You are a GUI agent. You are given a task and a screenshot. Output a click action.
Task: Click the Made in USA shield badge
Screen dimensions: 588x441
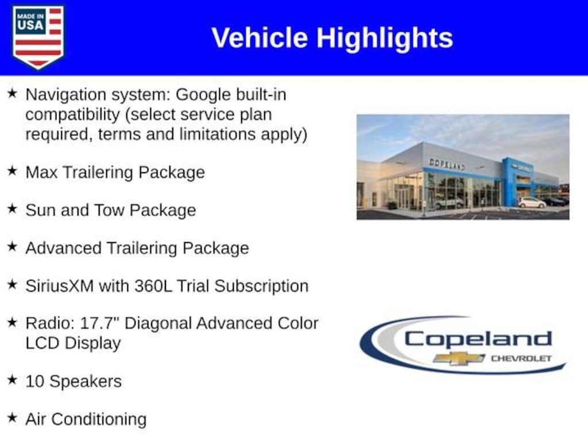tap(38, 37)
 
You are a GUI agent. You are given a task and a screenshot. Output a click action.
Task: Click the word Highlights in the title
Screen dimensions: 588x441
tap(385, 38)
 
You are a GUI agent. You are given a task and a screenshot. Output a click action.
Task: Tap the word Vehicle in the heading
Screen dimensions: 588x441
tap(260, 38)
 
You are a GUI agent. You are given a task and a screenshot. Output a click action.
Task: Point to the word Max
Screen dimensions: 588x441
tap(41, 172)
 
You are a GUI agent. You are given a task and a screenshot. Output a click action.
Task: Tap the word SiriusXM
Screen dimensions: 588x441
tap(60, 286)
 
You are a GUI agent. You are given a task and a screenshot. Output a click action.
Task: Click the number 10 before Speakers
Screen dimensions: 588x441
tap(35, 381)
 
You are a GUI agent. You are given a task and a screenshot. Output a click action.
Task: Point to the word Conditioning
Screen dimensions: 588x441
tap(99, 420)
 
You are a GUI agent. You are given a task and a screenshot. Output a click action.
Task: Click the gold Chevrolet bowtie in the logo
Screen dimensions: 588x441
tap(459, 358)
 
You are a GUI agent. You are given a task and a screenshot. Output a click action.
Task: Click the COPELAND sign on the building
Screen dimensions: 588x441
tap(447, 164)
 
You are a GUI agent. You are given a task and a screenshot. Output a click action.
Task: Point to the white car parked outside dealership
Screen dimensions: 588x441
tap(531, 203)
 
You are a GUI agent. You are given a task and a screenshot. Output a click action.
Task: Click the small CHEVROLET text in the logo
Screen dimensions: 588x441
tap(521, 358)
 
